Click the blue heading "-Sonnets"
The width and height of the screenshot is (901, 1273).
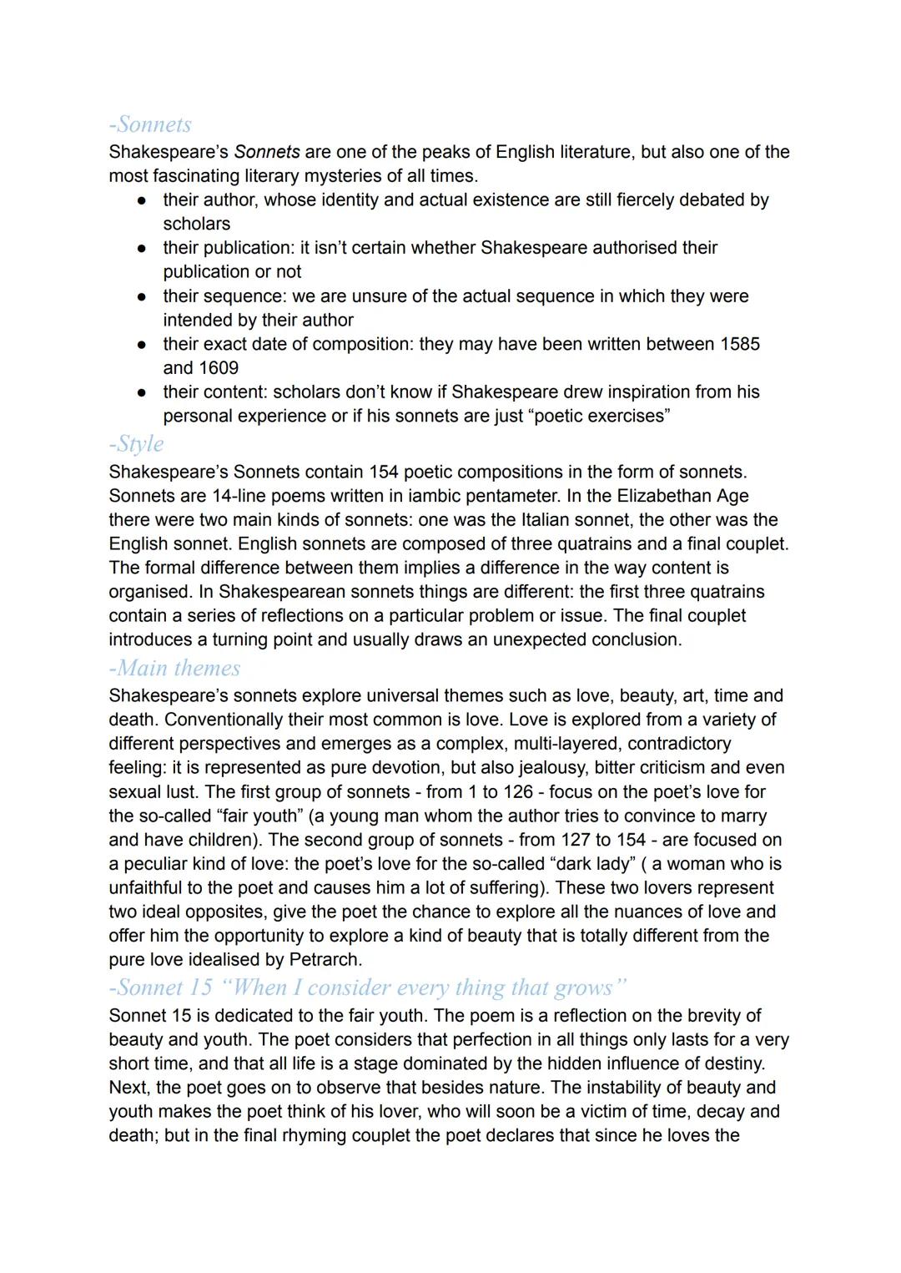(150, 124)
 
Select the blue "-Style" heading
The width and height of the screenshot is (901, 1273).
(136, 443)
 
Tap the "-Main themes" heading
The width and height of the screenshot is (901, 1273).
(174, 668)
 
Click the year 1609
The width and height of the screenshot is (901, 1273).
(219, 368)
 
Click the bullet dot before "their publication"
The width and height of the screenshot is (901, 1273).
(143, 249)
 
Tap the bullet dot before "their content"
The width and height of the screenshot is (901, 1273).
(143, 392)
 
